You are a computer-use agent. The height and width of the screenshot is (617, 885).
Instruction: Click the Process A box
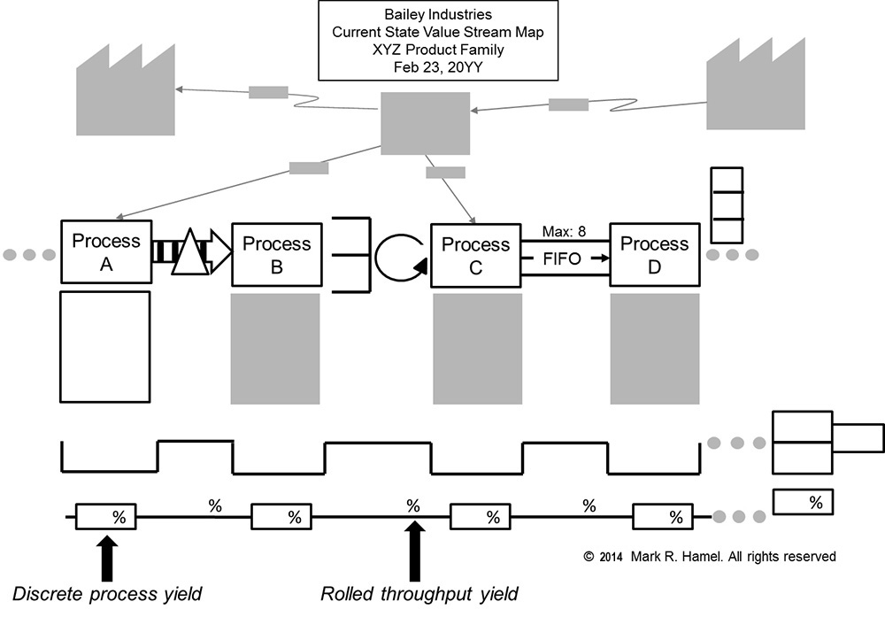click(x=105, y=252)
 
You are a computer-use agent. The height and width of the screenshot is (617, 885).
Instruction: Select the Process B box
click(x=276, y=254)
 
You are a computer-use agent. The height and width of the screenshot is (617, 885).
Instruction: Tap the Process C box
click(x=475, y=255)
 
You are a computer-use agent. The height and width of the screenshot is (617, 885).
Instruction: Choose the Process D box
click(x=654, y=255)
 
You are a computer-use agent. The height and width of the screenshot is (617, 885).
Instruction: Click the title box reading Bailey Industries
click(x=438, y=41)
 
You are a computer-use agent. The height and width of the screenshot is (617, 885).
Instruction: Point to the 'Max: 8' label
click(x=565, y=233)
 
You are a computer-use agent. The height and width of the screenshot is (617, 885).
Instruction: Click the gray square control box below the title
click(x=425, y=122)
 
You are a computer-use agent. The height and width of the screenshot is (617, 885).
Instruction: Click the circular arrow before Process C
click(x=399, y=258)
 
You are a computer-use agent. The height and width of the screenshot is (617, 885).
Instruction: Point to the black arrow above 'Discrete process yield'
click(x=107, y=557)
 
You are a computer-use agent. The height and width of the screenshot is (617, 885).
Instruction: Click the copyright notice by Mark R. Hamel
click(x=709, y=557)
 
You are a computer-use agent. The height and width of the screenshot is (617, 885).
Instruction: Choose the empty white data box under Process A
click(x=105, y=346)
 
